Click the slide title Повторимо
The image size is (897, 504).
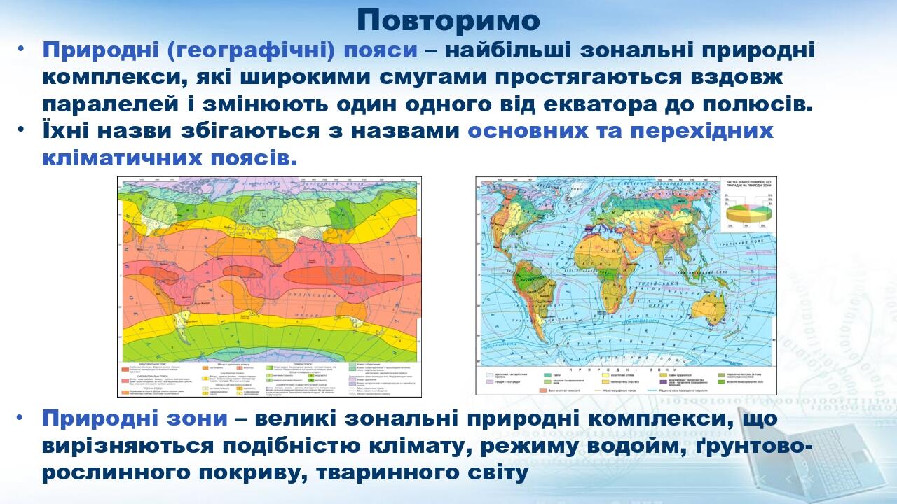(x=448, y=20)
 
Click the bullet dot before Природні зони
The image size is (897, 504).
(x=20, y=419)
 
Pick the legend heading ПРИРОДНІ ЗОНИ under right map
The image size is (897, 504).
(x=626, y=370)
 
